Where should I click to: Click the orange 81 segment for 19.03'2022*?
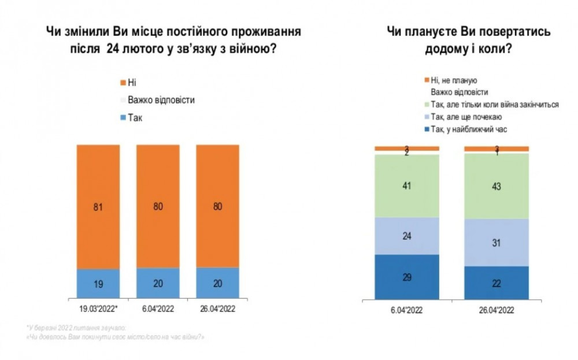(x=98, y=206)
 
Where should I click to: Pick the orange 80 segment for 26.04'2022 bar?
(x=218, y=206)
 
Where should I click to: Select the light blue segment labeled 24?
(x=406, y=235)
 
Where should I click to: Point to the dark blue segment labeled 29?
(x=406, y=277)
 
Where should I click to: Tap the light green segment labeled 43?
(x=497, y=187)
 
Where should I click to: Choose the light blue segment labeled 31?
(x=497, y=242)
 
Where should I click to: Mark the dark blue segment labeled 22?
(x=497, y=283)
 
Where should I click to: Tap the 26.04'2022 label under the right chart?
(x=497, y=310)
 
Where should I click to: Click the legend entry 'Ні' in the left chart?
(x=132, y=83)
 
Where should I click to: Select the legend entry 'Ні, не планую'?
(x=456, y=80)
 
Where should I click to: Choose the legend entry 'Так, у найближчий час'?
(x=468, y=129)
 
